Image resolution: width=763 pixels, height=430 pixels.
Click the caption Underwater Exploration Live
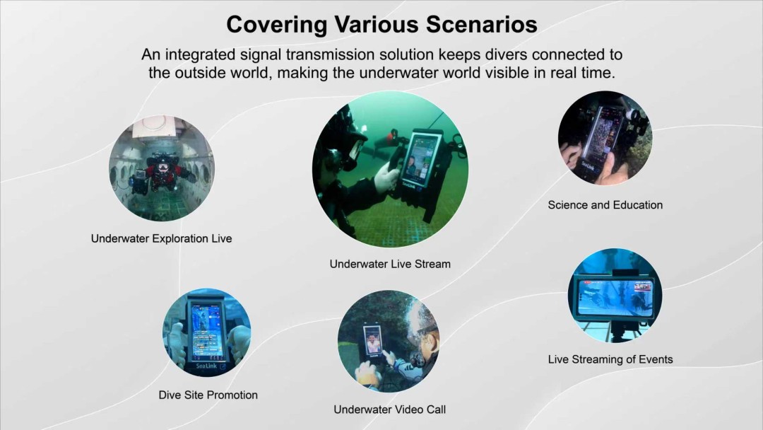coord(161,238)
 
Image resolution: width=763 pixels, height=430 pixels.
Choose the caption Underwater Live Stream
coord(390,264)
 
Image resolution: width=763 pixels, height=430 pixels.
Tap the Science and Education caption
coord(605,205)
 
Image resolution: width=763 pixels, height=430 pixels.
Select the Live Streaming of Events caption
coord(610,359)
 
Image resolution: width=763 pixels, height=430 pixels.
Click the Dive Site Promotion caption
coord(208,395)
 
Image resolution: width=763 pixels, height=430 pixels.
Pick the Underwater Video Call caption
coord(389,409)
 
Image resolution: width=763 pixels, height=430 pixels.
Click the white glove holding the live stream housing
coord(388,175)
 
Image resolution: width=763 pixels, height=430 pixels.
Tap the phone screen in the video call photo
coord(373,340)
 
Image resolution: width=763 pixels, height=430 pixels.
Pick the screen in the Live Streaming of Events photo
coord(614,296)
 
